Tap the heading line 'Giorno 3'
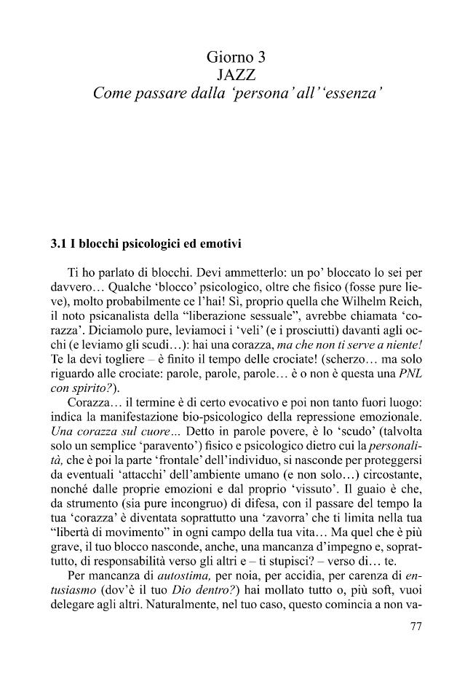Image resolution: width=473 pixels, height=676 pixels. pyautogui.click(x=236, y=56)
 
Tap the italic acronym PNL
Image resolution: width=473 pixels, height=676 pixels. pyautogui.click(x=411, y=377)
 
